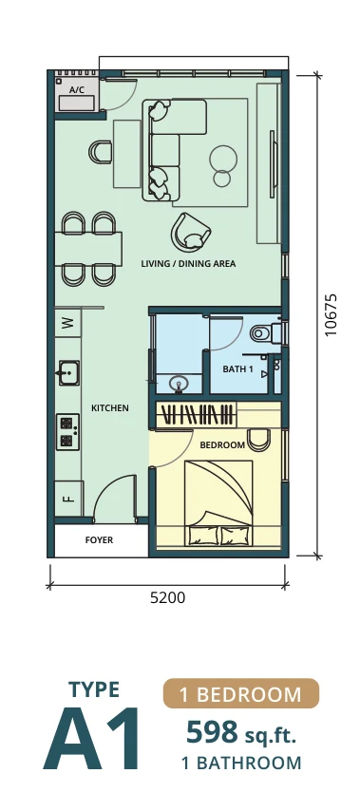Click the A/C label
[x=77, y=90]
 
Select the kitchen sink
[x=68, y=372]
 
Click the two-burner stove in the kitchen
[x=67, y=431]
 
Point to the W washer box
[x=67, y=323]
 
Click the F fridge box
[x=68, y=499]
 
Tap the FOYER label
[x=99, y=540]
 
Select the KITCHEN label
[x=109, y=408]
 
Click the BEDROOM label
[x=222, y=444]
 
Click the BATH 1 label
[x=237, y=369]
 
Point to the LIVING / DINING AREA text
[x=188, y=264]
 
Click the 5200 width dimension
[x=167, y=598]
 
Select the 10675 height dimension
[x=332, y=315]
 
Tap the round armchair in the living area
[x=190, y=233]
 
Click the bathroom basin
[x=180, y=385]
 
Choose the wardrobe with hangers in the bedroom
[x=197, y=415]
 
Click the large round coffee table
[x=223, y=159]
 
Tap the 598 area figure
[x=212, y=733]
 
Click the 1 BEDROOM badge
[x=241, y=693]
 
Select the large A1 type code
[x=91, y=739]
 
